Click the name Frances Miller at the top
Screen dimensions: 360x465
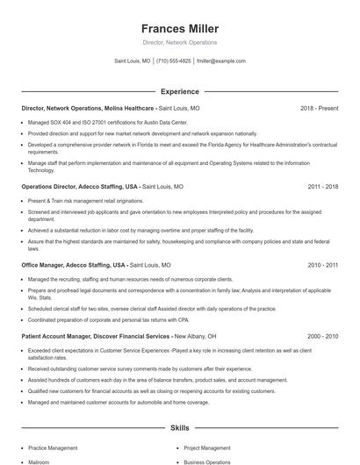179,28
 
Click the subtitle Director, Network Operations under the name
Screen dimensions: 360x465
179,42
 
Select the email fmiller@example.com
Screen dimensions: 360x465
220,61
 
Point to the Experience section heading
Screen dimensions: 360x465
179,91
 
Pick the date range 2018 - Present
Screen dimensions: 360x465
319,108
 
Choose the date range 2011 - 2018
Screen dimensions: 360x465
322,187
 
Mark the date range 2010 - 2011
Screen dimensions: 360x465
322,264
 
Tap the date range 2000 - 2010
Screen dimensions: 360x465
322,336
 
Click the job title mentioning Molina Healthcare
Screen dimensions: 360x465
87,108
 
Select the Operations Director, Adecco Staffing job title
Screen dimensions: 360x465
80,187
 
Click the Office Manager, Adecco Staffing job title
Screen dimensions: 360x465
74,264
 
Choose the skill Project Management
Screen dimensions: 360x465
207,447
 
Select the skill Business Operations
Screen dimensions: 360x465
207,461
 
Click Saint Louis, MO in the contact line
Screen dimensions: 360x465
133,61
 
